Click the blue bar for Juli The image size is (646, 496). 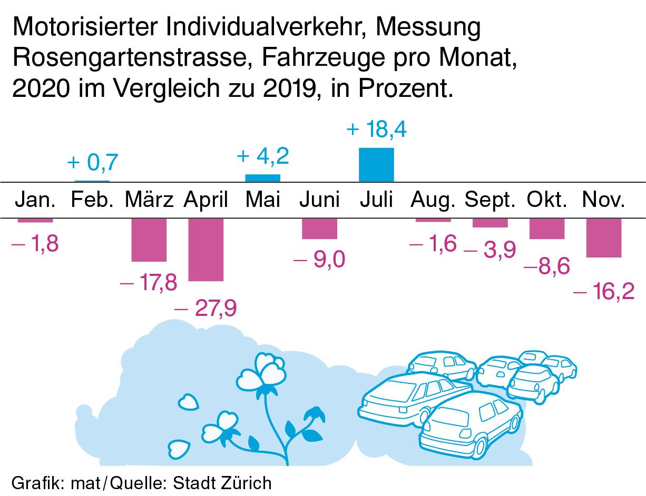coord(376,164)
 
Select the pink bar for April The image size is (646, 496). coord(205,249)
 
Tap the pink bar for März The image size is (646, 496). coord(149,240)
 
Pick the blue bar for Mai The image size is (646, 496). coord(262,177)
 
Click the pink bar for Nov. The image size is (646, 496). coord(604,237)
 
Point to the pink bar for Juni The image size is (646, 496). coord(319,229)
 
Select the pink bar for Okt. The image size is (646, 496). coord(547,229)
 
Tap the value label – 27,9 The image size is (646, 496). coord(205,307)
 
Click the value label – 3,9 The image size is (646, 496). coord(490,251)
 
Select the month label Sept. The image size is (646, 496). coord(490,200)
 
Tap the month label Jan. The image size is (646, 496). coord(35,200)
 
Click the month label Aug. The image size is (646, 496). coord(433,200)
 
